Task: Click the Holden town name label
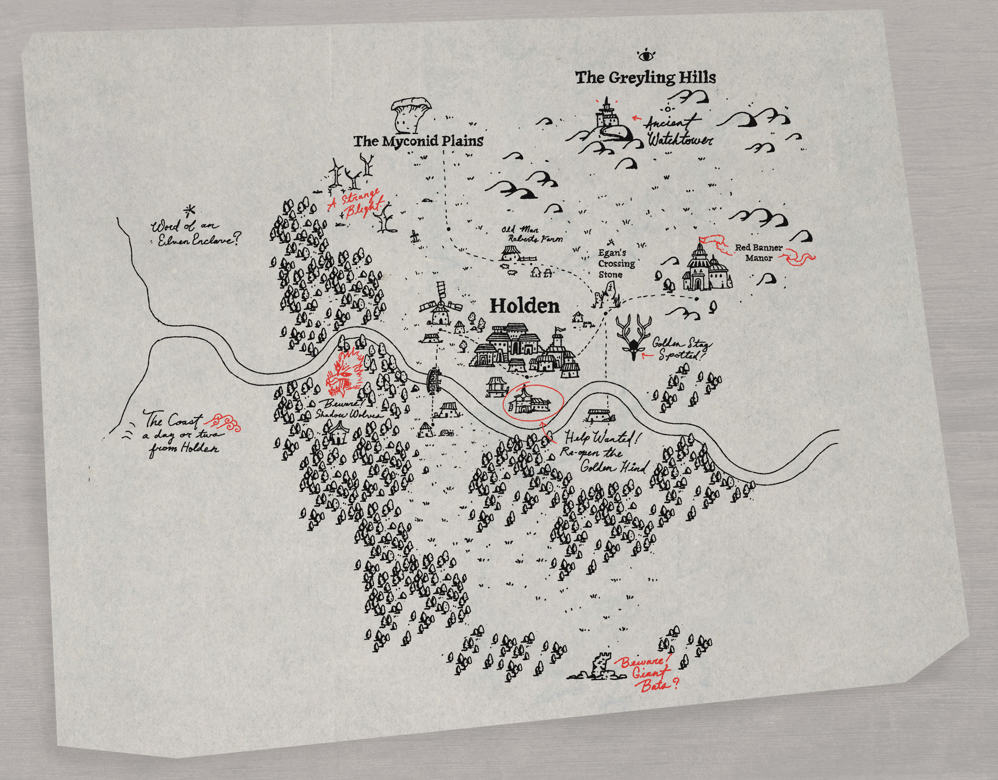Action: point(524,306)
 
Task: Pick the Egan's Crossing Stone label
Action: point(616,264)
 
